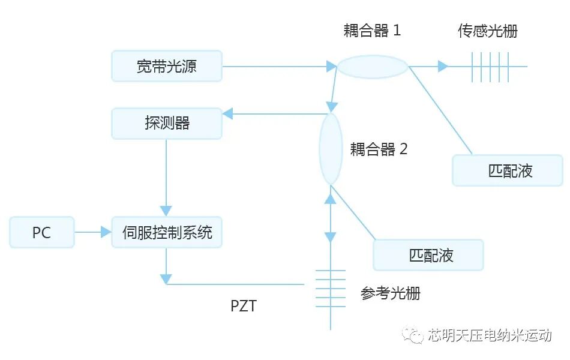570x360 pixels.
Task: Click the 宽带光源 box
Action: click(x=167, y=66)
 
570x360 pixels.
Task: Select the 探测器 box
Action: click(x=167, y=124)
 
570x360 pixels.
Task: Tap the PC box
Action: click(x=42, y=232)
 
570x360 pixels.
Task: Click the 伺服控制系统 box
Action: click(x=167, y=232)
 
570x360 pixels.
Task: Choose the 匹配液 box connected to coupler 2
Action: click(x=428, y=255)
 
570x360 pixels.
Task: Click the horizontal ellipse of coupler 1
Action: click(x=373, y=67)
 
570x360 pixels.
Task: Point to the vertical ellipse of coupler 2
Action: click(x=330, y=149)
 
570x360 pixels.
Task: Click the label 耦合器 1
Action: click(x=372, y=31)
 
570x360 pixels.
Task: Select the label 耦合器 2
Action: click(x=379, y=149)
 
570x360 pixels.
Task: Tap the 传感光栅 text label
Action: click(x=487, y=31)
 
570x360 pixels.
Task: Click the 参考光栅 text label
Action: click(x=390, y=293)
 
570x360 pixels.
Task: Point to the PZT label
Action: click(x=244, y=306)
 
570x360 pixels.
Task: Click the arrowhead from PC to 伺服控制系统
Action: click(x=106, y=232)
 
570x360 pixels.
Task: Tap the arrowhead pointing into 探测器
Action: click(x=227, y=113)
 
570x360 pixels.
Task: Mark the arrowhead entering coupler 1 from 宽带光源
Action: click(x=331, y=66)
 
